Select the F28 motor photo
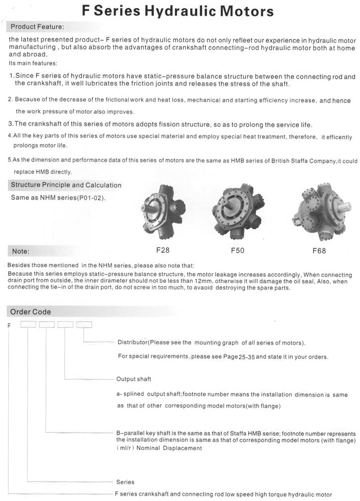point(163,211)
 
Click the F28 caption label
point(163,250)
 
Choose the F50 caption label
point(238,250)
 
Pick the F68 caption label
point(319,250)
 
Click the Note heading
point(21,251)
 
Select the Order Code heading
point(31,312)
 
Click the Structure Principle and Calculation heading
point(66,185)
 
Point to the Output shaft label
point(133,379)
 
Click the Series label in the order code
point(125,482)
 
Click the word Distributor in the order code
point(132,342)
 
